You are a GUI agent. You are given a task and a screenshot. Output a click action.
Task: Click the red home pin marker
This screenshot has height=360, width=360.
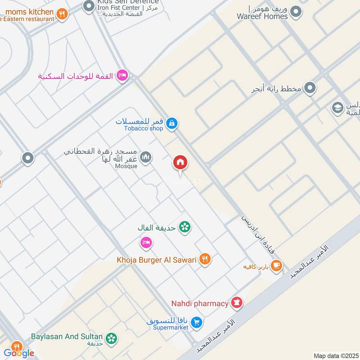point(180,162)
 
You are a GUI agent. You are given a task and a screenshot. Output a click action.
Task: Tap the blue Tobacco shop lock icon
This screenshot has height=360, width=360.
point(171,123)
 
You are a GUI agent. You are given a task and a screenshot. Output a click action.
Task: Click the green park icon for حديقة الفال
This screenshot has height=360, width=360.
point(184,227)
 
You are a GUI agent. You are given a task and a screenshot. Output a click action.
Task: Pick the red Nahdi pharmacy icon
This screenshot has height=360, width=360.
point(236,303)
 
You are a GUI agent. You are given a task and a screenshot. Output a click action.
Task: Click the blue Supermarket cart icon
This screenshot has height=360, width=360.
point(196,322)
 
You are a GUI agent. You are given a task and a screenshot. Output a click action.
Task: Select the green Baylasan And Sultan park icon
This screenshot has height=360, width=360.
point(111,337)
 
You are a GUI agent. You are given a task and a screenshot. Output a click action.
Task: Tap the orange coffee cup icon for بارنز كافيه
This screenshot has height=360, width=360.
point(276,266)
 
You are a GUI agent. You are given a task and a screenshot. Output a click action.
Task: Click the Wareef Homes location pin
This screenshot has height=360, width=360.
point(295,12)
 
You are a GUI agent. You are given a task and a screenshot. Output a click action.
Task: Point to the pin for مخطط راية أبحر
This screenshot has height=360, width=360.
point(310,88)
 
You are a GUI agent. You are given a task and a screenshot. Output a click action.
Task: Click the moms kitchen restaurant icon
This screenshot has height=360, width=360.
point(62,14)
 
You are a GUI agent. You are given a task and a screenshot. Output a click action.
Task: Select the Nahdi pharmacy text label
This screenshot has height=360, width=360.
point(199,303)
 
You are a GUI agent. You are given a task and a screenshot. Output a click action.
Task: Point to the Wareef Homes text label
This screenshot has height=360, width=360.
point(262,17)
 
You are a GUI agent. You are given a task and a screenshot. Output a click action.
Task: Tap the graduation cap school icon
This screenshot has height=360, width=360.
point(337,108)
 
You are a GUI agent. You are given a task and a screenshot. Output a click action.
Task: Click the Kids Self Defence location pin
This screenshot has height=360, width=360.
point(88,7)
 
